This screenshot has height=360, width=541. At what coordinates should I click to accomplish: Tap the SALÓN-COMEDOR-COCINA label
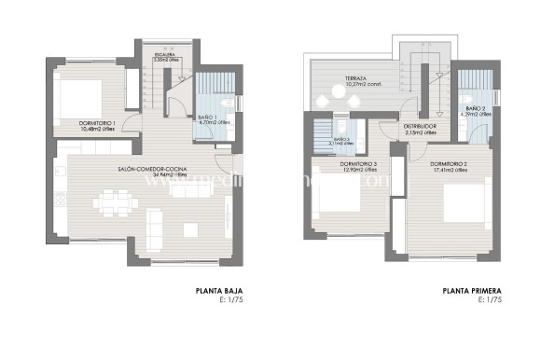(151, 169)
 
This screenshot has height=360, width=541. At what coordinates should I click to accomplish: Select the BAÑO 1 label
(208, 118)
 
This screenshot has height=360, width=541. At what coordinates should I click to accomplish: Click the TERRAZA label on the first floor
(354, 78)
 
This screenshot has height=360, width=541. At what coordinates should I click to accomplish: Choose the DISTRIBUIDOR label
(421, 126)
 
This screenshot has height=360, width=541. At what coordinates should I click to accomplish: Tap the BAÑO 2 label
(475, 109)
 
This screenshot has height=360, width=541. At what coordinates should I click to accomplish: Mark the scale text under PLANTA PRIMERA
(490, 300)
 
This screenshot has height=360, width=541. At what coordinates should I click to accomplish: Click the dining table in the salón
(117, 201)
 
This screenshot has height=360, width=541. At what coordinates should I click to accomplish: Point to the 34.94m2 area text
(151, 175)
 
